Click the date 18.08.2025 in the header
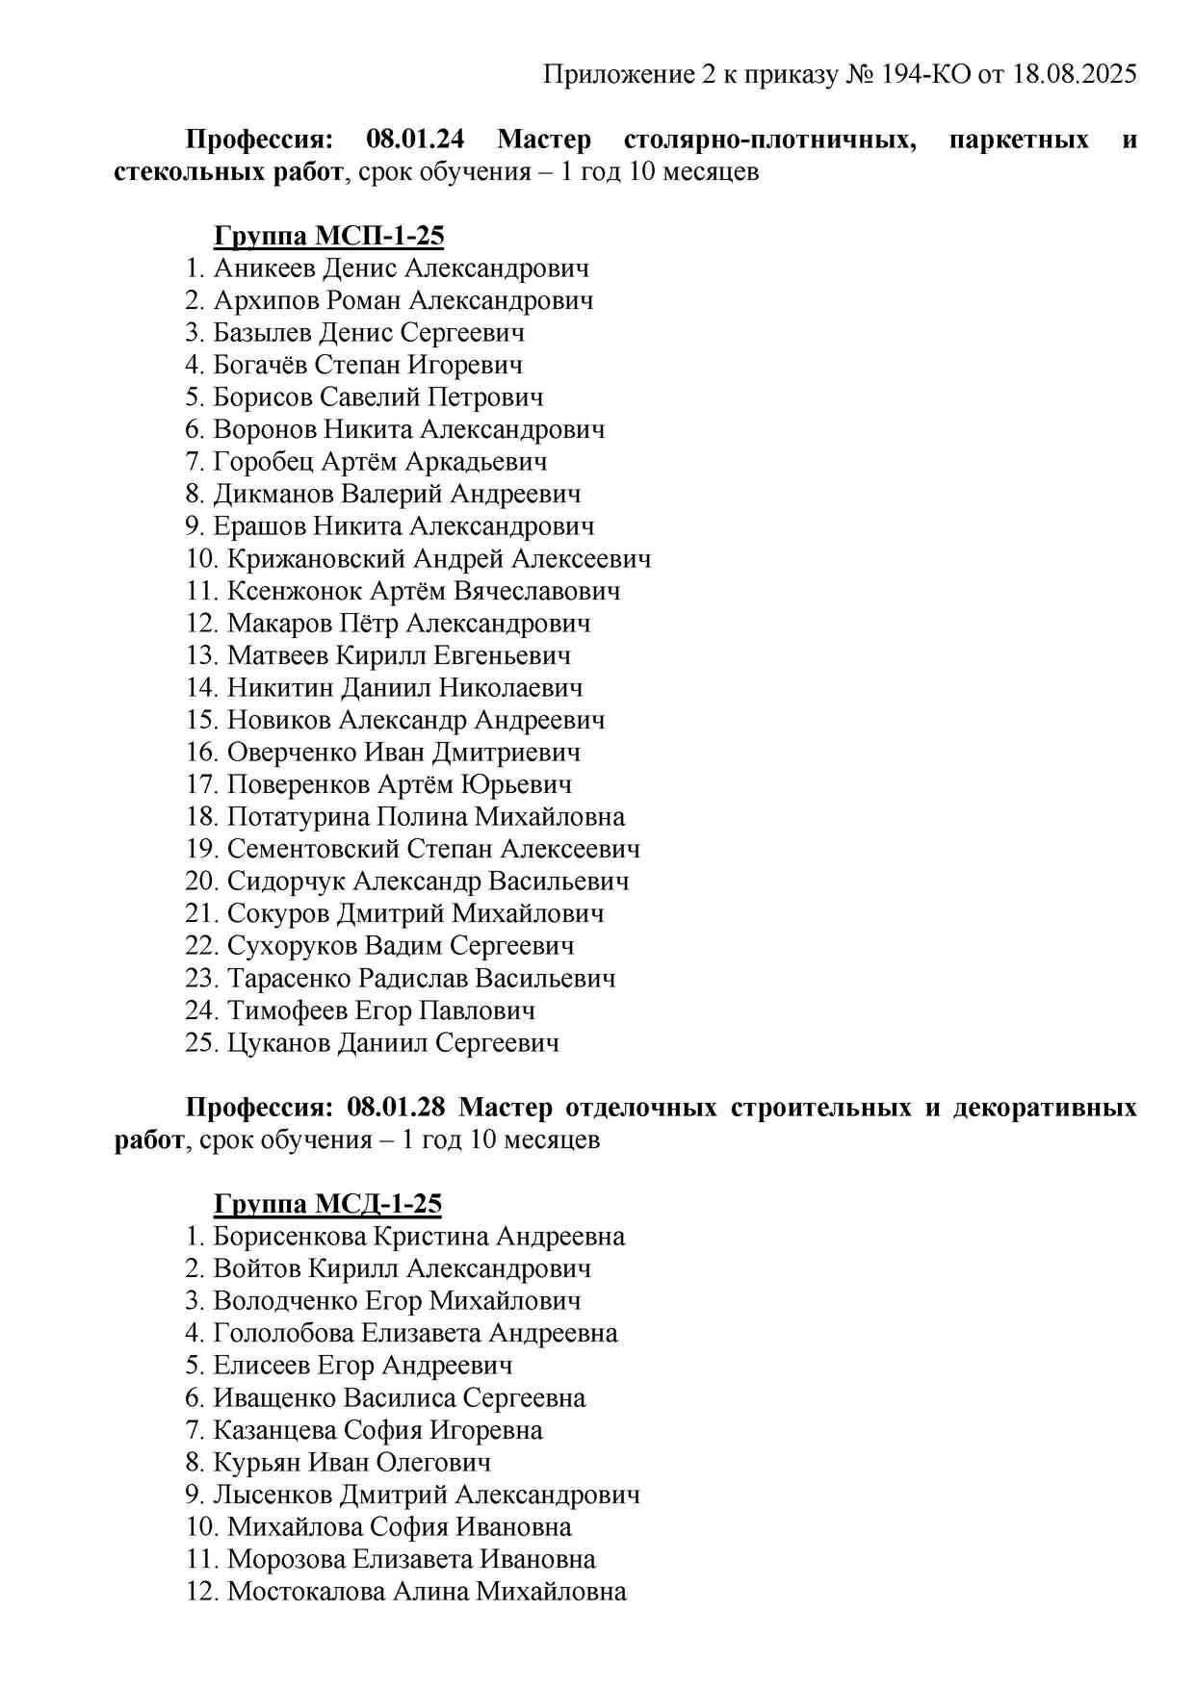pos(1074,75)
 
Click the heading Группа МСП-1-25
pos(328,236)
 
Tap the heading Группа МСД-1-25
pos(327,1204)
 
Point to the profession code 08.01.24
pos(415,140)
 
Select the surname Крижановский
pos(316,559)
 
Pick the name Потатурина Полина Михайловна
pos(426,817)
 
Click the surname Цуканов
pos(278,1043)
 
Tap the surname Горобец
pos(263,462)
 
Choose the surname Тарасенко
pos(289,979)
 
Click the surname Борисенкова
pos(290,1237)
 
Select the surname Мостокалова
pos(305,1592)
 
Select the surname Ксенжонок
pos(295,591)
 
